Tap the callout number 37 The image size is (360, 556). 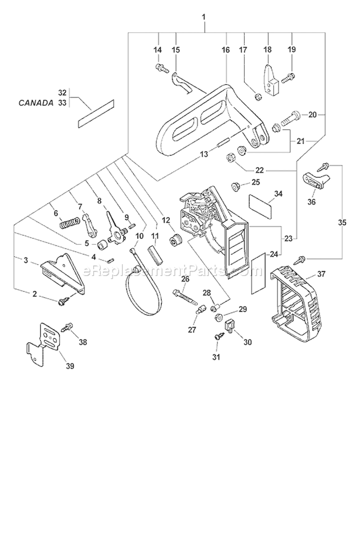pos(321,274)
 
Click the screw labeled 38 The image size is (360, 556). pos(67,327)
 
